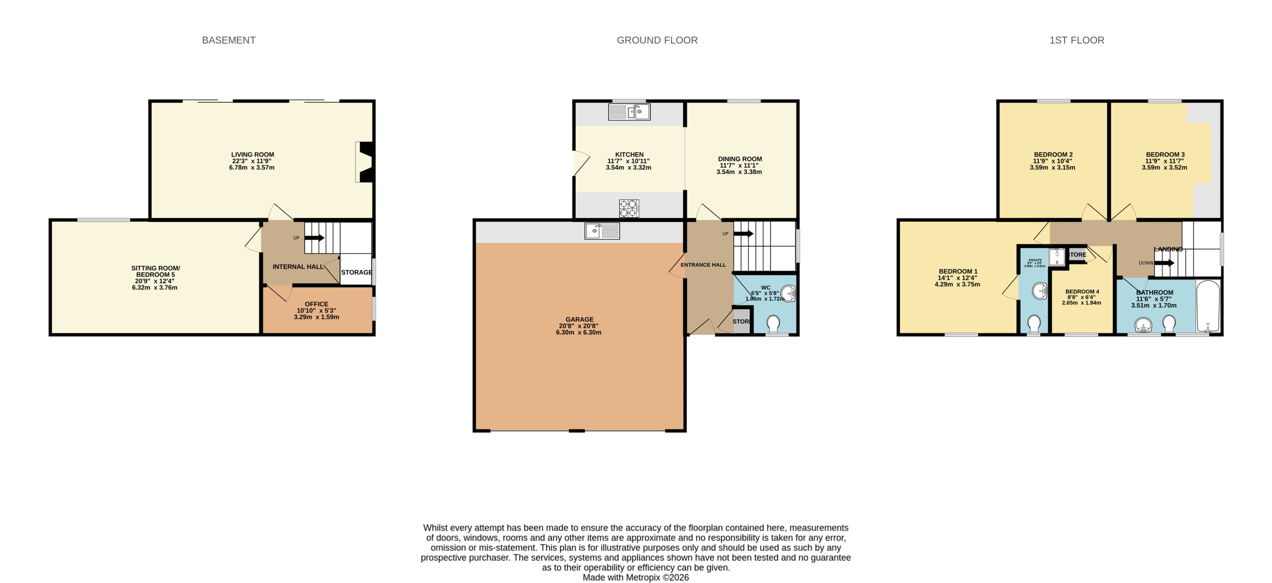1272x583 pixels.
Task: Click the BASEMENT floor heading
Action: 229,40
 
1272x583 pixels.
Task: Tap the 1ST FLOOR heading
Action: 1076,40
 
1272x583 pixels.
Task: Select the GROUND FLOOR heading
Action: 657,40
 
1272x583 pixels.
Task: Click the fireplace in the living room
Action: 365,162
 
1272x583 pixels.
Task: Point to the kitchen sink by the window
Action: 629,112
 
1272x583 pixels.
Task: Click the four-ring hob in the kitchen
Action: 629,208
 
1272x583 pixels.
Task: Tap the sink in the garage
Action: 602,231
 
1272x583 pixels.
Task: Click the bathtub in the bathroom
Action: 1207,306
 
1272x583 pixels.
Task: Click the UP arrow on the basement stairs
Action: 314,237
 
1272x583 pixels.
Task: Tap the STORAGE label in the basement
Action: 357,272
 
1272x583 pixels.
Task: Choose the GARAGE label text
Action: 579,320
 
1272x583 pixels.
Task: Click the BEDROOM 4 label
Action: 1082,292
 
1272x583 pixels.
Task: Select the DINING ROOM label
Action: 740,159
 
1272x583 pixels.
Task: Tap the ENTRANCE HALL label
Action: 703,265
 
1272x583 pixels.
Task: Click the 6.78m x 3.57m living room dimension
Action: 251,168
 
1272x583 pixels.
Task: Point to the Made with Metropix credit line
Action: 636,577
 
